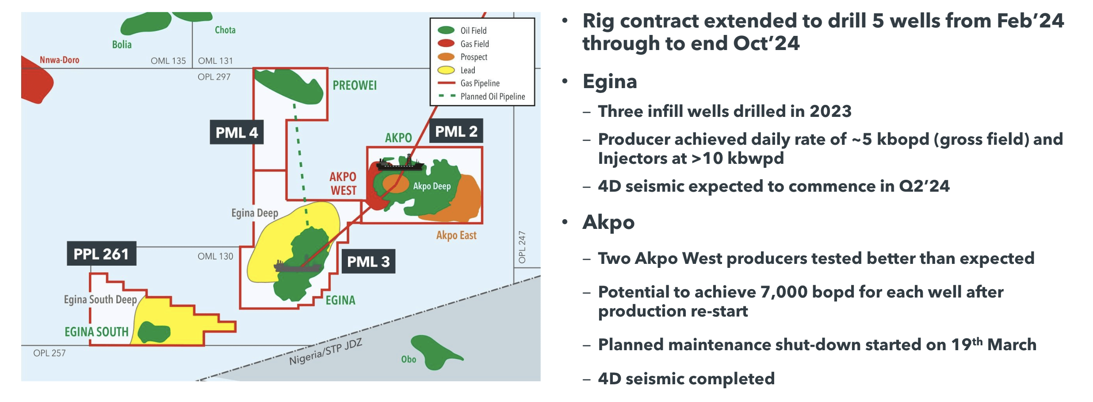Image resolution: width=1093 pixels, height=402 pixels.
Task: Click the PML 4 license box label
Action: coord(237,132)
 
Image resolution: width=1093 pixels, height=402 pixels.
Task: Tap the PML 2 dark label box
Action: coord(456,131)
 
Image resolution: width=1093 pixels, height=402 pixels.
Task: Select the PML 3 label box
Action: coord(368,261)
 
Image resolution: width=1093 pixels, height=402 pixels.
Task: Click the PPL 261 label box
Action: coord(101,254)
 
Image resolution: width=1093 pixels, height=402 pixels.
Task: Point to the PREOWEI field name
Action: coord(355,85)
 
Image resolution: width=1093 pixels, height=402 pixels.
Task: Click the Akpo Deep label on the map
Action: coord(432,186)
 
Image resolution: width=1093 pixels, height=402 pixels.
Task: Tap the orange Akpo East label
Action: coord(456,236)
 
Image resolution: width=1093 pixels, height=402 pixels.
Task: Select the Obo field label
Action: coord(409,359)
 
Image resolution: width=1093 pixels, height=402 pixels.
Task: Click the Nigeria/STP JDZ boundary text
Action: coord(325,352)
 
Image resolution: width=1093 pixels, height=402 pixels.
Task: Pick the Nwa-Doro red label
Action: coord(59,60)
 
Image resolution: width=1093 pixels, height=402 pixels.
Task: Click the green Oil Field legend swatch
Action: coord(446,30)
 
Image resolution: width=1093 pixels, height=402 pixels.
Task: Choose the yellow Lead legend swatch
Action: coord(446,70)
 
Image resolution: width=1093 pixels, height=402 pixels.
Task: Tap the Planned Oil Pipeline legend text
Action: coord(493,97)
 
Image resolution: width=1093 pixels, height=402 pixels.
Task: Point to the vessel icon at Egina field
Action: coord(297,266)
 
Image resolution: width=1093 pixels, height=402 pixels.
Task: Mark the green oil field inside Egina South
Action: coord(154,332)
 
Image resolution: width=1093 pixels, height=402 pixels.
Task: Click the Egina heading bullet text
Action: coord(609,81)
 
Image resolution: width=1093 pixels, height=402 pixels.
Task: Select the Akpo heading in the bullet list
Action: coord(608,222)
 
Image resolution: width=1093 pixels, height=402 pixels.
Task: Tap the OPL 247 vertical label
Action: coord(522,247)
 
